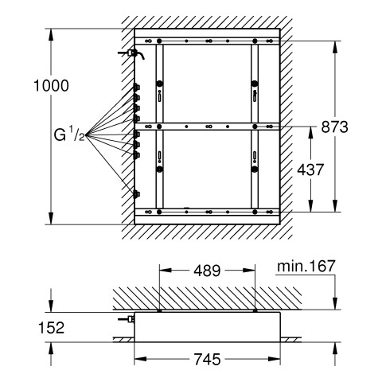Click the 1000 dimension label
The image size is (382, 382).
coord(51,85)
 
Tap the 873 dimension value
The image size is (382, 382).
coord(334,127)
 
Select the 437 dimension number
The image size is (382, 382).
coord(310,170)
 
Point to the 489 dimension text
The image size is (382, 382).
coord(207,271)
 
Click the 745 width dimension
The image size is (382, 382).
coord(207,359)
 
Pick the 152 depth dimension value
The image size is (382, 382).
coord(51,328)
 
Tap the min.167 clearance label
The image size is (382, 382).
coord(306,266)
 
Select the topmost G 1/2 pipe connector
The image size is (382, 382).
coord(136,88)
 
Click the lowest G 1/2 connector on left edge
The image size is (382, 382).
coord(136,194)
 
